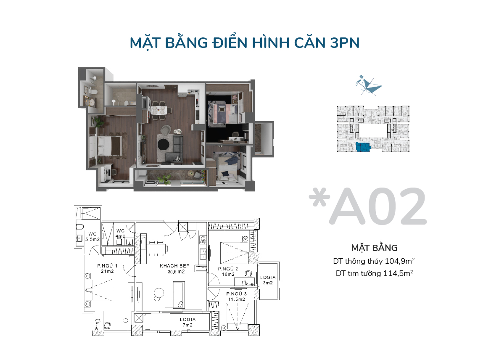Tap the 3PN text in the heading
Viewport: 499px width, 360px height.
(x=344, y=43)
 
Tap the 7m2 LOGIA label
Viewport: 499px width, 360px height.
(x=188, y=322)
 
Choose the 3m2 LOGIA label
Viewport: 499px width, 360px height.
(x=268, y=280)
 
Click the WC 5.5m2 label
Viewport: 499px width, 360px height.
(x=92, y=236)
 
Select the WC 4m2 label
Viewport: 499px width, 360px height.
(x=120, y=233)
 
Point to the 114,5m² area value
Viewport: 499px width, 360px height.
(x=398, y=273)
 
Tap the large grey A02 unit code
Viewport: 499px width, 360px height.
(x=378, y=206)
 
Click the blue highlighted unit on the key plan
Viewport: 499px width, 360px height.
(x=363, y=147)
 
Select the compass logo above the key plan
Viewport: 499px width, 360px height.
(x=369, y=85)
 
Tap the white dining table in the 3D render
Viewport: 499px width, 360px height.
(x=158, y=110)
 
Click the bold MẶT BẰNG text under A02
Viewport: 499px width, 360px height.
(x=374, y=248)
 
